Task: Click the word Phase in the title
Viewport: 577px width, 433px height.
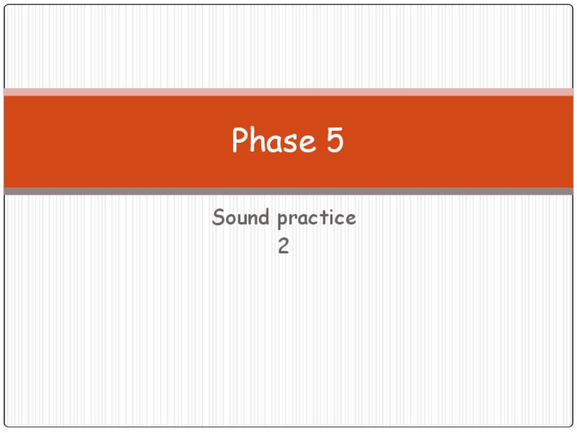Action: (x=274, y=141)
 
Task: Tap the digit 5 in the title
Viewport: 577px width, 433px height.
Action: (x=335, y=141)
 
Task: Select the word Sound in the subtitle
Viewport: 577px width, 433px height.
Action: (x=241, y=217)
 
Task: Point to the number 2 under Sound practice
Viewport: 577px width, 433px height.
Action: (x=284, y=247)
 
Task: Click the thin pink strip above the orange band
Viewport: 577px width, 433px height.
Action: (x=288, y=92)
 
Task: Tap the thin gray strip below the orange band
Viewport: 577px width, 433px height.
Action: (x=288, y=191)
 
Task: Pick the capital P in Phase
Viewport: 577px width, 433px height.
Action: (x=239, y=141)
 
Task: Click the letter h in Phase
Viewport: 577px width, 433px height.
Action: (x=257, y=141)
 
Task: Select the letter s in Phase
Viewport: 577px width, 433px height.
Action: (x=292, y=143)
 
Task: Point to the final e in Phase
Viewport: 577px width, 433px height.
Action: (x=308, y=143)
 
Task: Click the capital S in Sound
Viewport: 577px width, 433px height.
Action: (x=218, y=217)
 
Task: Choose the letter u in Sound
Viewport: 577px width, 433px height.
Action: (x=241, y=219)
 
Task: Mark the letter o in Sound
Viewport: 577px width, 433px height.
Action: (x=229, y=219)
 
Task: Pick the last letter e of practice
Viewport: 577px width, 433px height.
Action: (x=351, y=219)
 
